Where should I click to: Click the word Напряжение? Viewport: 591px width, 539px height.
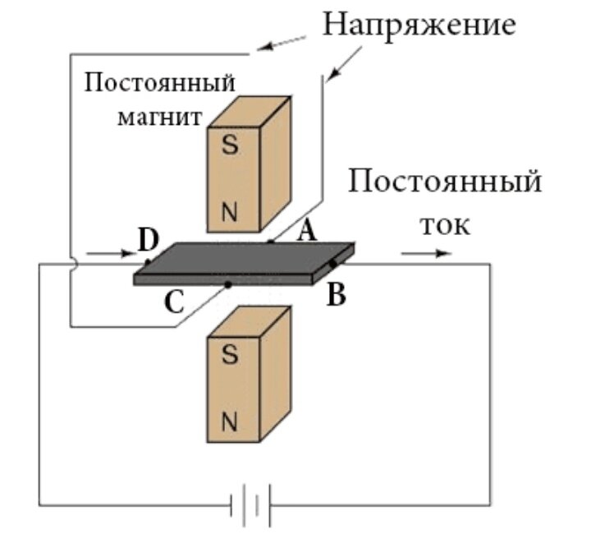click(x=419, y=24)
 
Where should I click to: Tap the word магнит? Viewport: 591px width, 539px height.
click(x=159, y=116)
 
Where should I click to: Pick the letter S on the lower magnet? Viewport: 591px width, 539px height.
click(x=231, y=355)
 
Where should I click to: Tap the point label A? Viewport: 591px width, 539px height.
click(x=305, y=233)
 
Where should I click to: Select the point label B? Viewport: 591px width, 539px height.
click(x=336, y=294)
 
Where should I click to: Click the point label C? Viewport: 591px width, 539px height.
click(x=174, y=302)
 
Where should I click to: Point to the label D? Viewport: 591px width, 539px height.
click(x=148, y=240)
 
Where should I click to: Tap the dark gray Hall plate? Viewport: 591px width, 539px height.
click(x=246, y=260)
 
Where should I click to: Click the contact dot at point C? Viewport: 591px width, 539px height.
click(x=228, y=285)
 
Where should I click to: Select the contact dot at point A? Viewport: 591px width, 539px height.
click(x=270, y=242)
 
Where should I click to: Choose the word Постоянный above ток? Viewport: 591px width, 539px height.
click(x=444, y=180)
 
